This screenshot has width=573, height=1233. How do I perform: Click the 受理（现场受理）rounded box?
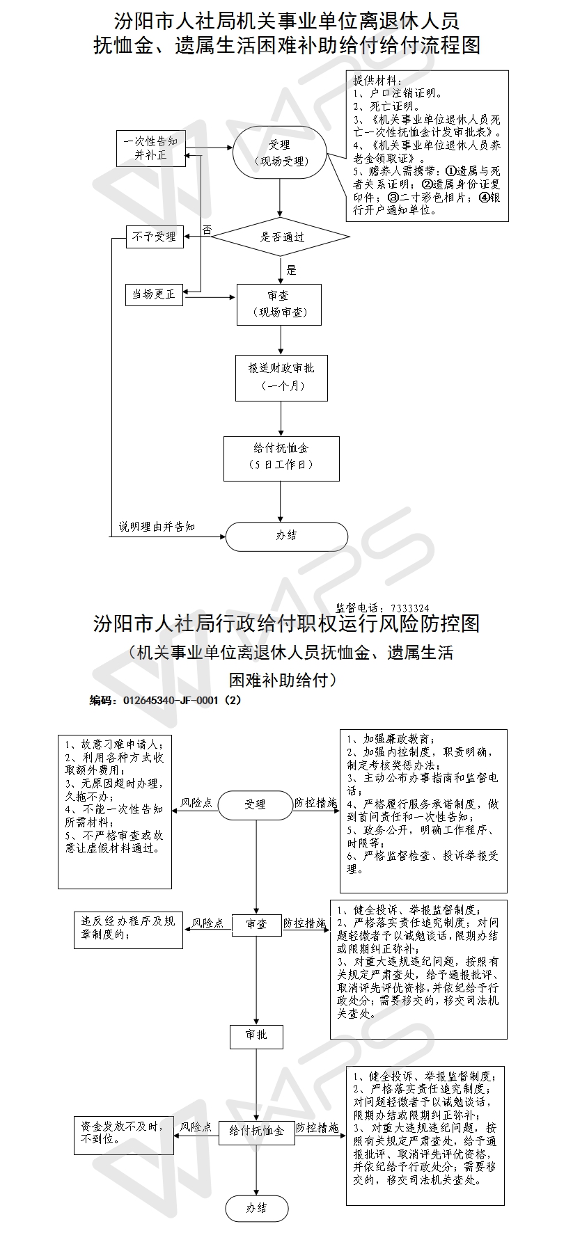[279, 152]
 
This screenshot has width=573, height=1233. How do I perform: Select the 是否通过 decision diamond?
[281, 237]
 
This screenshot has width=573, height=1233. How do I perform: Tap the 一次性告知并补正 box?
[150, 148]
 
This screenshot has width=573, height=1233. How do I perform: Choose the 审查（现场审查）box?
[279, 304]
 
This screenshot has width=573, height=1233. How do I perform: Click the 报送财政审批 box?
[281, 377]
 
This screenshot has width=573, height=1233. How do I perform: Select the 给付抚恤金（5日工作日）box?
[281, 458]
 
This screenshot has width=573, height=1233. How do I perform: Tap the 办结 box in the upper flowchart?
[286, 536]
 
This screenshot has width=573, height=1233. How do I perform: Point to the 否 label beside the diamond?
[207, 229]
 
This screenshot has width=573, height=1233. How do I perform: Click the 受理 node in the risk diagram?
[255, 804]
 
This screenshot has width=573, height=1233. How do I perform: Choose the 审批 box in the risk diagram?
[256, 1035]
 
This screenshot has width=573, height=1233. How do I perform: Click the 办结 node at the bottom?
[256, 1208]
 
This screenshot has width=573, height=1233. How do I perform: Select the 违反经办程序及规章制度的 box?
[128, 928]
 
